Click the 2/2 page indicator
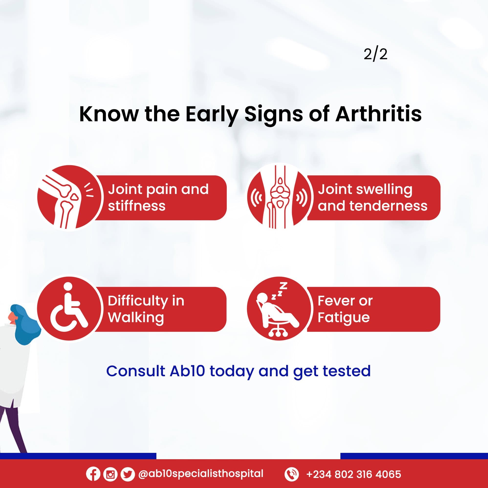pyautogui.click(x=375, y=54)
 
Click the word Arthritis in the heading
pyautogui.click(x=379, y=114)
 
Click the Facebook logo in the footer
pyautogui.click(x=93, y=474)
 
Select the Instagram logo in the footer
pyautogui.click(x=110, y=474)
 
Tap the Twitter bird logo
pyautogui.click(x=128, y=474)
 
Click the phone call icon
pyautogui.click(x=292, y=474)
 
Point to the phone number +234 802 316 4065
pyautogui.click(x=354, y=474)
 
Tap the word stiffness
pyautogui.click(x=137, y=206)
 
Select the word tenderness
pyautogui.click(x=388, y=206)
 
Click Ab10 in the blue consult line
pyautogui.click(x=187, y=371)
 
